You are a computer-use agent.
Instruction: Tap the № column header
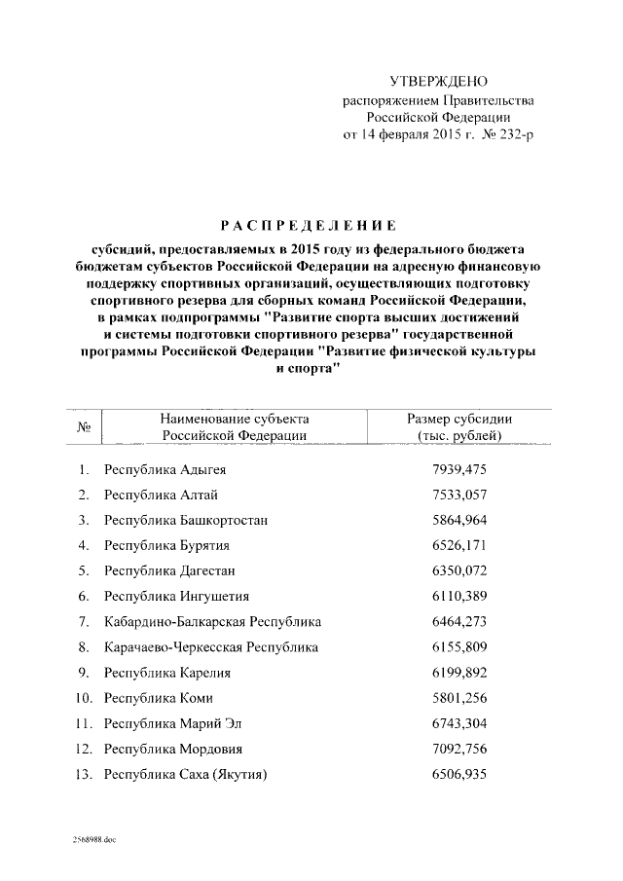[84, 426]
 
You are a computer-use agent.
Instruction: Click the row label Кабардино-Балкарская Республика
[212, 621]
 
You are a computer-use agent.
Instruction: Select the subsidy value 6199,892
[458, 672]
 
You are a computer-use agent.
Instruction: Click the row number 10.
[84, 698]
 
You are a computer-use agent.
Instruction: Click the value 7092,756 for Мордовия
[458, 749]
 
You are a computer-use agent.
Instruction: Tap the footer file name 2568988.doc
[92, 839]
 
